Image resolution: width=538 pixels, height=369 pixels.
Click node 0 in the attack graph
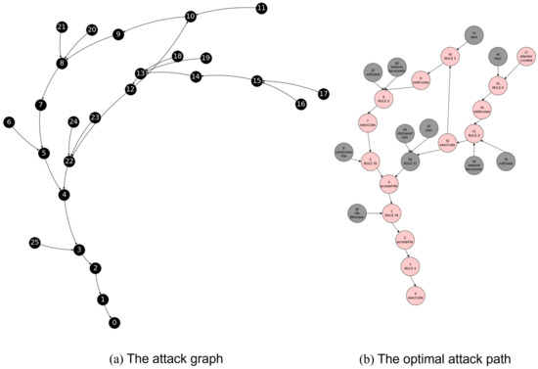pyautogui.click(x=114, y=322)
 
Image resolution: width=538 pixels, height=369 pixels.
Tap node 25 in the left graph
pyautogui.click(x=35, y=242)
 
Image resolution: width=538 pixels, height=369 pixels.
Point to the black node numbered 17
pyautogui.click(x=324, y=94)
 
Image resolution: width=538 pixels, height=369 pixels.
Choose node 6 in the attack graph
pyautogui.click(x=9, y=122)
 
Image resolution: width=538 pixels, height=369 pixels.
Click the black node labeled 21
pyautogui.click(x=62, y=26)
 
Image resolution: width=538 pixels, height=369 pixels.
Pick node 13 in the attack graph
pyautogui.click(x=141, y=73)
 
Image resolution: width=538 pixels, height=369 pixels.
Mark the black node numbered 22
pyautogui.click(x=69, y=161)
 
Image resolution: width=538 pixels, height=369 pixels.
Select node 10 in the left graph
pyautogui.click(x=190, y=17)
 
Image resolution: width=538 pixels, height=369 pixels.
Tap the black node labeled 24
pyautogui.click(x=73, y=121)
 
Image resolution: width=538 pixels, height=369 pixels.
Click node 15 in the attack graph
pyautogui.click(x=257, y=80)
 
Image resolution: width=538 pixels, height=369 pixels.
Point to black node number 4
pyautogui.click(x=64, y=195)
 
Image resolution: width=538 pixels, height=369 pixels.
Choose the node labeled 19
pyautogui.click(x=205, y=58)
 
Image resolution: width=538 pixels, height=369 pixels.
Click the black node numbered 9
pyautogui.click(x=118, y=34)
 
